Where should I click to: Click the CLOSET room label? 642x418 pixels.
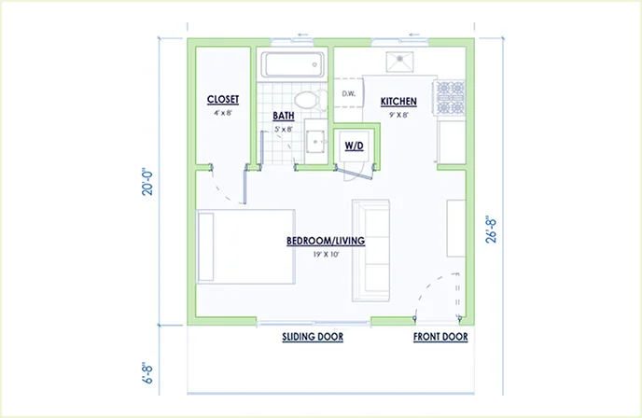[x=222, y=99]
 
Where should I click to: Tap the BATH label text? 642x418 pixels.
[x=284, y=117]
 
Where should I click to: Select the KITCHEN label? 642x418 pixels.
[x=398, y=101]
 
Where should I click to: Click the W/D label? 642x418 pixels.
[x=354, y=146]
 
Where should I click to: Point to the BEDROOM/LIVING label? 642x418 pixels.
[x=325, y=241]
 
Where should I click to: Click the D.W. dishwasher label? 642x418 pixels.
[x=350, y=93]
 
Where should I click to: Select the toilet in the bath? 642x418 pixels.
[x=304, y=100]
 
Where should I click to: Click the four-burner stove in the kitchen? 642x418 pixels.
[x=452, y=93]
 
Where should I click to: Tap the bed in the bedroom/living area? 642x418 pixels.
[x=245, y=247]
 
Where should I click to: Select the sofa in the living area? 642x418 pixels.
[x=370, y=250]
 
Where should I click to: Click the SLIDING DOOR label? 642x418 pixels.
[x=313, y=337]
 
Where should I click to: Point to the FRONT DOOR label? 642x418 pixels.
[x=440, y=337]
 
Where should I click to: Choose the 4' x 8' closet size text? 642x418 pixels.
[x=222, y=112]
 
